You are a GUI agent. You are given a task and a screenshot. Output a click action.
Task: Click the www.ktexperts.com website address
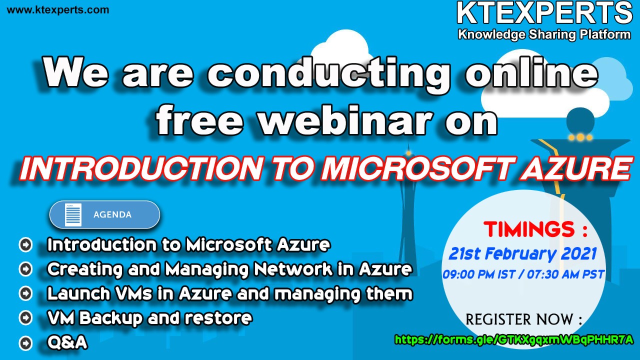(58, 10)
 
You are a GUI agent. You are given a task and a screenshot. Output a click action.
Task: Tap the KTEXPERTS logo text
(544, 13)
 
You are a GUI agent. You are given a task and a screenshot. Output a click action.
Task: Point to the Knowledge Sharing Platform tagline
(544, 34)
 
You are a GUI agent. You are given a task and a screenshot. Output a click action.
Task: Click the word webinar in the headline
(345, 119)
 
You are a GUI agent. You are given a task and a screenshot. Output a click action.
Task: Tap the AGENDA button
(104, 214)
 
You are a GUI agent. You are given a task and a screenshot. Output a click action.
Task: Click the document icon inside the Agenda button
(73, 215)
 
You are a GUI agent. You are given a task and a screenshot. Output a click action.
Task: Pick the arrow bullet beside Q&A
(25, 342)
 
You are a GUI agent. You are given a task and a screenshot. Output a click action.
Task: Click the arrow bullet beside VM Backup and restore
(25, 317)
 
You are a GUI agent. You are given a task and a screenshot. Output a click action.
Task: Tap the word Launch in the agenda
(78, 293)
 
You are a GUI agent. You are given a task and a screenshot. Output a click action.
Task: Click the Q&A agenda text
(67, 342)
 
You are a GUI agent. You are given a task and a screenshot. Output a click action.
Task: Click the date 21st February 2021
(522, 253)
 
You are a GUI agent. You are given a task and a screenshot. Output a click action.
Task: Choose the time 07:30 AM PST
(565, 274)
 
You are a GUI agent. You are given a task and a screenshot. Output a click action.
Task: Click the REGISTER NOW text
(523, 319)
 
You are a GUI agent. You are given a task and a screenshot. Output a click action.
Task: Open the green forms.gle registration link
(514, 339)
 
